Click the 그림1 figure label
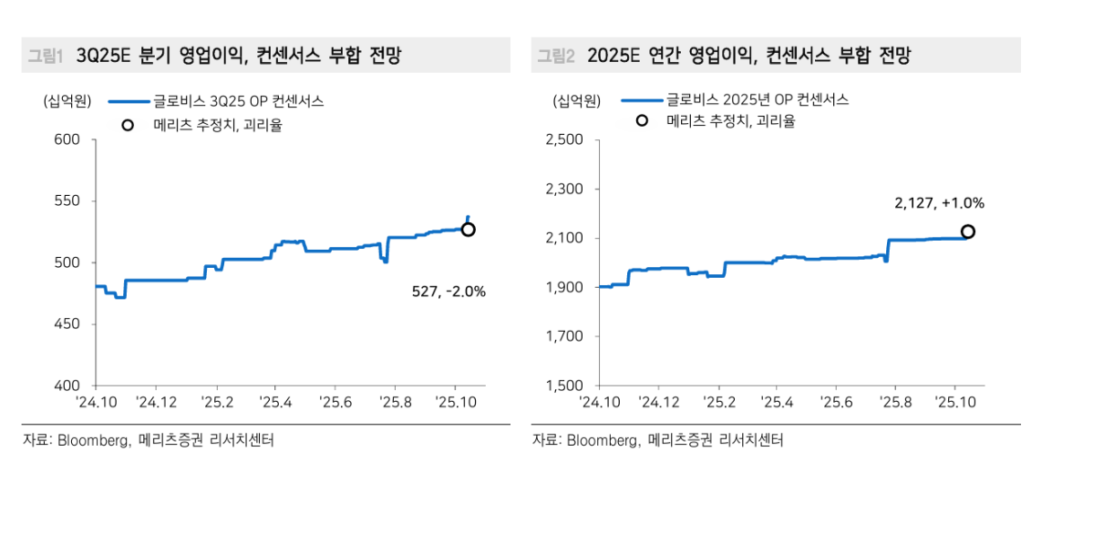[44, 56]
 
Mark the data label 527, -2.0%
[449, 292]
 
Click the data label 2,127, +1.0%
[939, 203]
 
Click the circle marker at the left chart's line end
[469, 230]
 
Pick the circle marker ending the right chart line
[968, 231]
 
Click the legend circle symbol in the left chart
[128, 125]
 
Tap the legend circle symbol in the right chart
[642, 121]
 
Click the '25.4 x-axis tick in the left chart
[274, 401]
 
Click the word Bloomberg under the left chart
[95, 440]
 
